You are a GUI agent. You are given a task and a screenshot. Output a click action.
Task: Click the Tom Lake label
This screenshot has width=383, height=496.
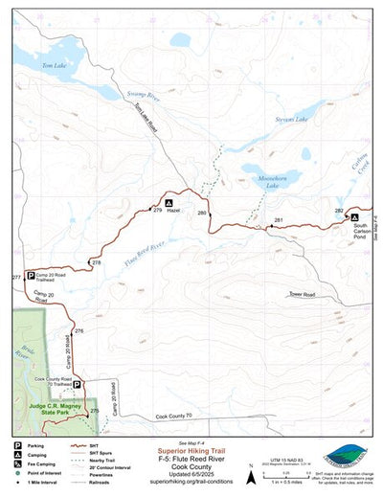pos(54,66)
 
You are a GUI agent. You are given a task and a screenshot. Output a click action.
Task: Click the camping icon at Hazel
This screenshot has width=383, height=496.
pos(169,204)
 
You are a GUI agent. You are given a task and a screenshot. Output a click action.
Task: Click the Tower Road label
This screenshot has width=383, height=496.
pos(302,294)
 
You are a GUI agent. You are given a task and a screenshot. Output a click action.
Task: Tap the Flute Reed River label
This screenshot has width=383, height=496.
pos(145,252)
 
